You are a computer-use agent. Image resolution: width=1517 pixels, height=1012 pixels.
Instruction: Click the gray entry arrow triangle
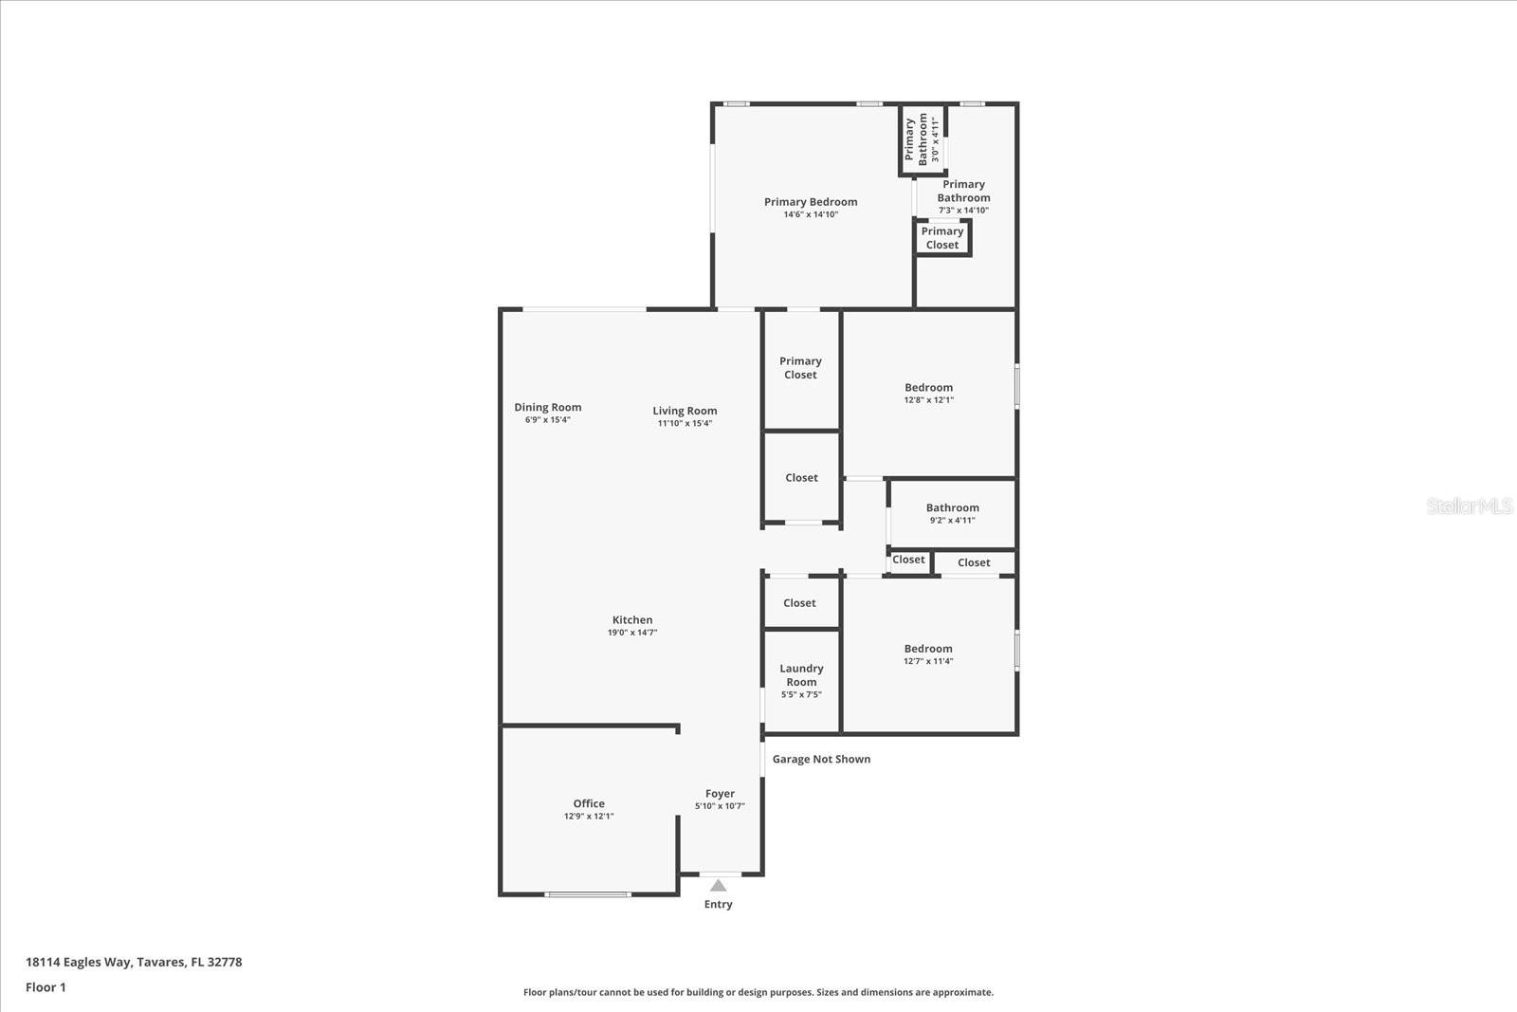(719, 886)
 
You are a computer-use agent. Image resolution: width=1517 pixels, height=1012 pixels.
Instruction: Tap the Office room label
(589, 803)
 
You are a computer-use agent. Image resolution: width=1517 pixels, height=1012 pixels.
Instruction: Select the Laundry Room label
(801, 675)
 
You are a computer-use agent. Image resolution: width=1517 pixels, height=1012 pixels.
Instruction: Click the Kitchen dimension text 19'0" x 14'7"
(632, 633)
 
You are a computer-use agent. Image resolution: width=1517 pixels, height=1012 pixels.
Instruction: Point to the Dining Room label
(548, 407)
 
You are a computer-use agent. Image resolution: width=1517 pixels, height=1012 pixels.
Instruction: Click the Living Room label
(685, 411)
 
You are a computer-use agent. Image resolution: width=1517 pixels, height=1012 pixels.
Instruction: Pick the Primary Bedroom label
(811, 201)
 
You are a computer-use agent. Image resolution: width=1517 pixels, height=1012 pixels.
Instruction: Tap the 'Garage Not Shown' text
(821, 759)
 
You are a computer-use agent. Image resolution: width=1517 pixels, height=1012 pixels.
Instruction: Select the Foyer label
(720, 794)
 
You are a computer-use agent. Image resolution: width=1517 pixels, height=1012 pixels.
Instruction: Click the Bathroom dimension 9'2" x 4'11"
(952, 520)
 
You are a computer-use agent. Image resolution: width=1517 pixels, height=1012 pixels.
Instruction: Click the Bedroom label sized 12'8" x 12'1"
(928, 387)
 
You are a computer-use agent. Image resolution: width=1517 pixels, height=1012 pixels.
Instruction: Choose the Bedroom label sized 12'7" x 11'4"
(928, 649)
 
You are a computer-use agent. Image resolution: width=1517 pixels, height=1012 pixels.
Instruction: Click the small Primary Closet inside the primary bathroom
(942, 238)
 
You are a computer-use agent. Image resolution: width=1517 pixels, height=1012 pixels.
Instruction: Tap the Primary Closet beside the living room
(800, 368)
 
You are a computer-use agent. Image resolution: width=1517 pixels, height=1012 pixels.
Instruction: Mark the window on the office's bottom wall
(588, 894)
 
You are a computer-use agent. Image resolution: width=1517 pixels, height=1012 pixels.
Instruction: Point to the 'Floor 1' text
(46, 987)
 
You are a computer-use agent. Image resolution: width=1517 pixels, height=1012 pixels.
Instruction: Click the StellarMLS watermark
(1469, 506)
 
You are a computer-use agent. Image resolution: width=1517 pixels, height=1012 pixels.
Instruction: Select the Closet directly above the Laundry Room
(799, 603)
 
